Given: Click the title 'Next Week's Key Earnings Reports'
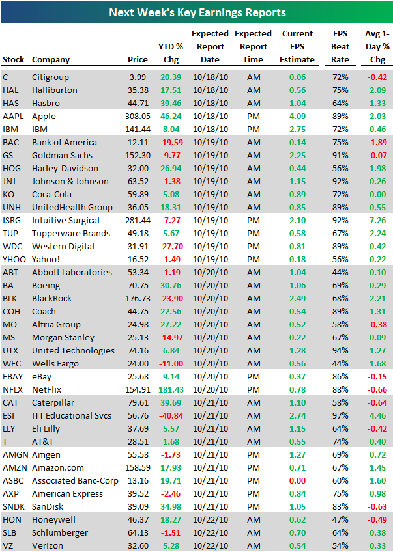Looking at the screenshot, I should coord(196,12).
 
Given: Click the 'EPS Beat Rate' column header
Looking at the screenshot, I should coord(340,46).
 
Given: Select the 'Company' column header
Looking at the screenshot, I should coord(51,60).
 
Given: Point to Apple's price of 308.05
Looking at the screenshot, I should coord(137,116).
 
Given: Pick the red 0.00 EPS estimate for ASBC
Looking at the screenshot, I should coord(297,480).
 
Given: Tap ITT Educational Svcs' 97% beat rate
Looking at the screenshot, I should coord(340,415).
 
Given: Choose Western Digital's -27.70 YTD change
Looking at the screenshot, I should coord(171,246).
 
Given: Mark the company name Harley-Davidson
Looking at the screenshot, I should coord(66,168).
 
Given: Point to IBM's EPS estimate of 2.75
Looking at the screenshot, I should coord(297,129).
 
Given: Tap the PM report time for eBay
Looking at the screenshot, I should coord(253,376).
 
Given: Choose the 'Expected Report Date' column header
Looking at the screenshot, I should coord(210,46).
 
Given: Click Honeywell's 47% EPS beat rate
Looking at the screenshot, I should coord(340,519).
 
